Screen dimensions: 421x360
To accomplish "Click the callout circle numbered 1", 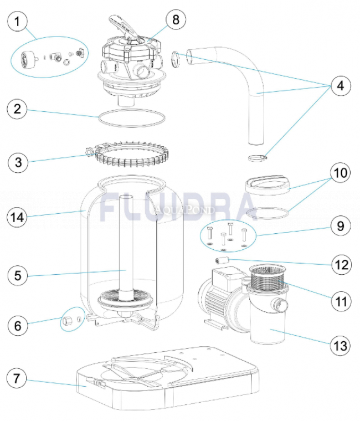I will point(18,22).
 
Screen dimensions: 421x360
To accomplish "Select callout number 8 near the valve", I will point(176,20).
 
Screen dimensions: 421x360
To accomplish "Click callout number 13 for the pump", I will point(340,346).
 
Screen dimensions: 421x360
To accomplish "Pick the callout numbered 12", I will point(340,264).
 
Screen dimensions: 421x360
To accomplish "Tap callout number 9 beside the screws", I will point(340,226).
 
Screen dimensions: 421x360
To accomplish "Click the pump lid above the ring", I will point(267,183).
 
